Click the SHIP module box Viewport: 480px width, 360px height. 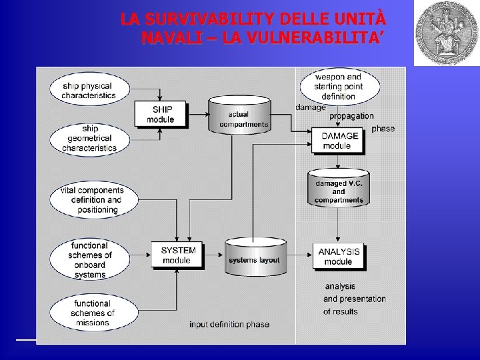160,115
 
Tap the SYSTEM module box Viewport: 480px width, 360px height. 177,255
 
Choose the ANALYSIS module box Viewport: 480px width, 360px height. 338,256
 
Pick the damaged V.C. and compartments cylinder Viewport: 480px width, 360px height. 339,189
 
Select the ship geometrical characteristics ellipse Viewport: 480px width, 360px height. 89,137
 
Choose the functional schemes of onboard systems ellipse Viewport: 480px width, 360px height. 90,260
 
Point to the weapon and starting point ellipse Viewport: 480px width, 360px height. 338,87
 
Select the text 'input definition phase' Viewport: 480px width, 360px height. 229,325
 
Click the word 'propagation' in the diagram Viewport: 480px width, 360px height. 351,116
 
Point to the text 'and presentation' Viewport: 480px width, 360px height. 354,299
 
